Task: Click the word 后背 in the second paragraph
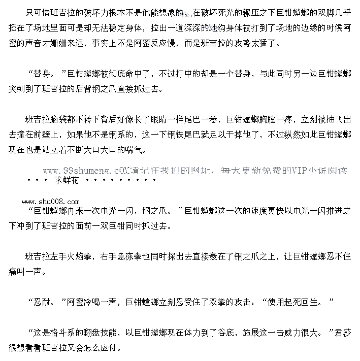tap(95, 89)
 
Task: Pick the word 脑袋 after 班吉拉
tap(61, 120)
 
